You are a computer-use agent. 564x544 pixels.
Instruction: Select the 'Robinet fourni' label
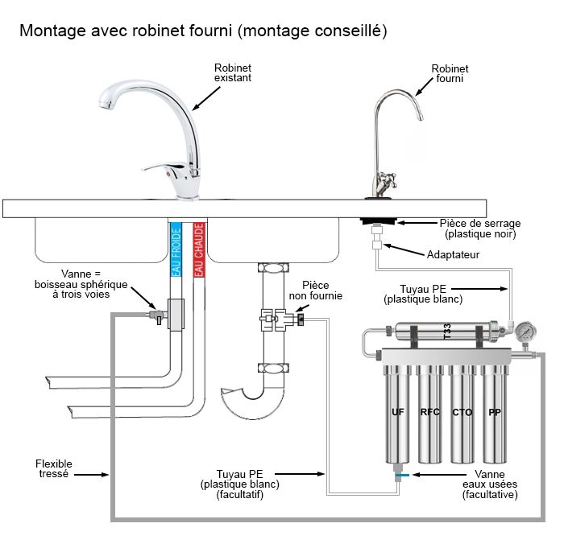(x=450, y=74)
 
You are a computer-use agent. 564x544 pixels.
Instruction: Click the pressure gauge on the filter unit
(x=526, y=332)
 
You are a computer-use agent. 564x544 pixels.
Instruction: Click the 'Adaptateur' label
(x=453, y=254)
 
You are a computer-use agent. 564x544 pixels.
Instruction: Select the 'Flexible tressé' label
(x=53, y=469)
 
